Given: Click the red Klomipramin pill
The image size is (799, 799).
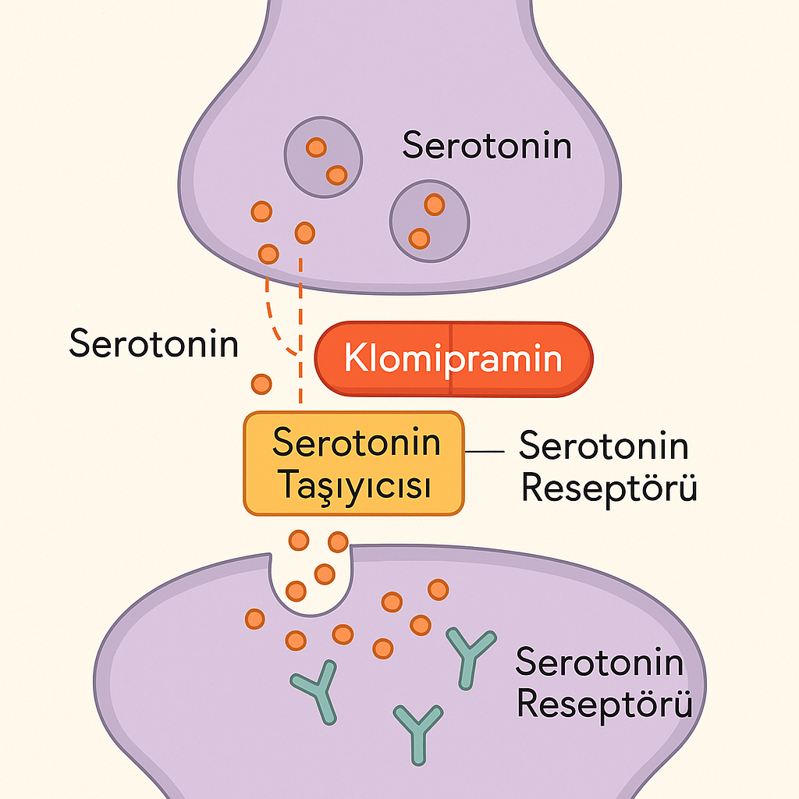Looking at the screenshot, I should pos(453,360).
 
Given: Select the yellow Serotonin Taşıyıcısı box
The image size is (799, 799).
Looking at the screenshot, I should pos(353,463).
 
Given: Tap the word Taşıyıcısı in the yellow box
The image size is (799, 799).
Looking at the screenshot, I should pos(354,485).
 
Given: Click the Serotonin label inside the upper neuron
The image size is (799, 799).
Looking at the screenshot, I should pos(487,146).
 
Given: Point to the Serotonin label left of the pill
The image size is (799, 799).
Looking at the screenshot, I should pos(154,343).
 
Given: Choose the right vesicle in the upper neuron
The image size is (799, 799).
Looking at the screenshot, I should pos(430,221).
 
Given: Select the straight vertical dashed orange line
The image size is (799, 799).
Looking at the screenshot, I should pos(301,328).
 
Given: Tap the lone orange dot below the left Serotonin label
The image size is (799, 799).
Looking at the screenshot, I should pos(261,383).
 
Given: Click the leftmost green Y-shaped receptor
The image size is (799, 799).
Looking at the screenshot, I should pos(316,689).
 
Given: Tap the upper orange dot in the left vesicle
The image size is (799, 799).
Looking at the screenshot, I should pos(316,147).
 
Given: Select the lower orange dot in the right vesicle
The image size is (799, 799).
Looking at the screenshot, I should pos(420,237).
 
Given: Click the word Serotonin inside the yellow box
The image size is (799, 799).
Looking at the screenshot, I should pos(356,442).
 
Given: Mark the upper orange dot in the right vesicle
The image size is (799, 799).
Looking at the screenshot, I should pos(434,204).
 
